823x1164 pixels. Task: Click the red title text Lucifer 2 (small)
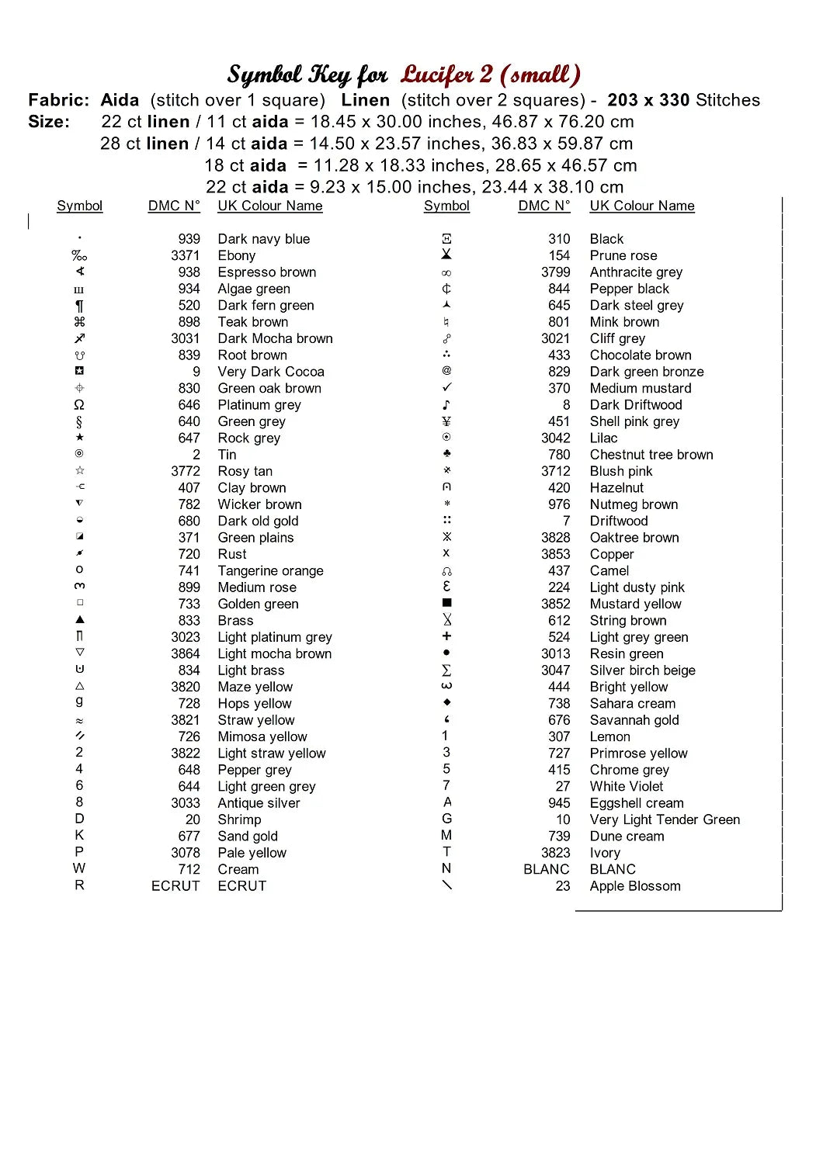coord(490,74)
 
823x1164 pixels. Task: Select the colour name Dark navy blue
coord(263,239)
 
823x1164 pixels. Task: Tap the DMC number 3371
coord(186,255)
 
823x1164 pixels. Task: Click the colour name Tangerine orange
coord(270,570)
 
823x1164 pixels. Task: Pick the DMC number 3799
coord(555,272)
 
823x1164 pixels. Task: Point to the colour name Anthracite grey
coord(636,272)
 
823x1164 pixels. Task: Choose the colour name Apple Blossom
coord(634,885)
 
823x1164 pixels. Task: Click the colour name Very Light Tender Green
coord(665,819)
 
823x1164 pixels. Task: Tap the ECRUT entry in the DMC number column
coord(175,885)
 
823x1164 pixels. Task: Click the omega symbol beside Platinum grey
coord(79,405)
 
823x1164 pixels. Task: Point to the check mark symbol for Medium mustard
coord(446,387)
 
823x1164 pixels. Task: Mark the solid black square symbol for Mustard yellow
coord(446,603)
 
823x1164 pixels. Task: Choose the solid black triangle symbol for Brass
coord(79,620)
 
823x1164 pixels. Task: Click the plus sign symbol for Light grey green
coord(446,636)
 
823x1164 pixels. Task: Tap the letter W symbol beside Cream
coord(79,868)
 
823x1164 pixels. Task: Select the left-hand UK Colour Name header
coord(269,206)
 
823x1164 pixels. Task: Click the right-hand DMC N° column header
coord(543,206)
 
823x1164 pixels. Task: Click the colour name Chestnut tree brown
coord(651,455)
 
